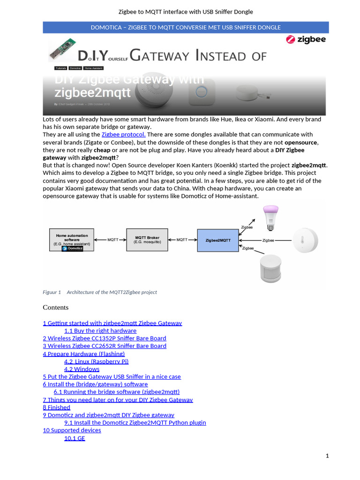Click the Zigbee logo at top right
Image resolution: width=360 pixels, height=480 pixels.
click(x=306, y=40)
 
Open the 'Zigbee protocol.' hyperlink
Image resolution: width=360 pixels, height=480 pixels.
click(x=123, y=135)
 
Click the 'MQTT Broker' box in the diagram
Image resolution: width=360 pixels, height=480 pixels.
click(x=147, y=240)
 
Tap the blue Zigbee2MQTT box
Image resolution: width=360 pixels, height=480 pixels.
click(x=218, y=240)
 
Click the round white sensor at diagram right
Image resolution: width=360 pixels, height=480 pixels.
click(x=305, y=240)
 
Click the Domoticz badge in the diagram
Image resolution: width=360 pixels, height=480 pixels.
click(x=72, y=248)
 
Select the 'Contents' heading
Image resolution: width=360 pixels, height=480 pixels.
click(x=55, y=307)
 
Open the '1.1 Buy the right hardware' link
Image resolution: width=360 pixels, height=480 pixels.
click(x=100, y=330)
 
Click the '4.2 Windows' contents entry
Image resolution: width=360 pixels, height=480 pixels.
click(x=82, y=369)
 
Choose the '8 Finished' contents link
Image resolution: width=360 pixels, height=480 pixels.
click(x=57, y=407)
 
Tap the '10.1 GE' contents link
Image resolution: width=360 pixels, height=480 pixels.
click(x=75, y=438)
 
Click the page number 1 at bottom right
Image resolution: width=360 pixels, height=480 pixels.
click(x=327, y=456)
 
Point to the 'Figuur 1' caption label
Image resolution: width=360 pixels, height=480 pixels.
click(x=52, y=292)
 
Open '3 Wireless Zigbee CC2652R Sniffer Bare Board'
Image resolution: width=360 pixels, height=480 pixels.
click(x=105, y=346)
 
